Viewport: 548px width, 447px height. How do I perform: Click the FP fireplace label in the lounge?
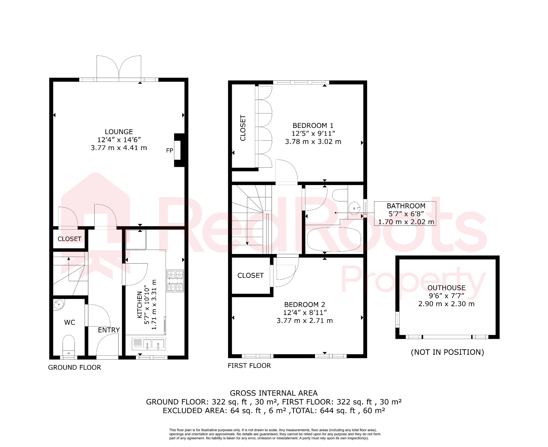169,151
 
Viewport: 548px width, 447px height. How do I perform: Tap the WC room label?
70,322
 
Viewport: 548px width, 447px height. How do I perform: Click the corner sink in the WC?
58,305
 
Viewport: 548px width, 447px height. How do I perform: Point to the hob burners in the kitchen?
175,281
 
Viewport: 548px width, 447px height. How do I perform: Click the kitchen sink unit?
149,344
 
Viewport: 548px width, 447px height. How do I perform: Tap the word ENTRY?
109,330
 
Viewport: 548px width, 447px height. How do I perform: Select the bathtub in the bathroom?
334,239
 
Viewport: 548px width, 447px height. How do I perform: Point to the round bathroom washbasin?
355,208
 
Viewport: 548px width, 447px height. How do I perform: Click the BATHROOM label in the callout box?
406,206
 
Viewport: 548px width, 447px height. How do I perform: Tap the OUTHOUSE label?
446,288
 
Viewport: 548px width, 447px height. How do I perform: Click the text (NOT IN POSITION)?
447,352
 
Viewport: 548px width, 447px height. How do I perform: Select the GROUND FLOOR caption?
74,367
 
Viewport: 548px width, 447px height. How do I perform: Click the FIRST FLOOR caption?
249,366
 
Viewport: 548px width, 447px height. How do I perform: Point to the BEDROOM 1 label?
313,126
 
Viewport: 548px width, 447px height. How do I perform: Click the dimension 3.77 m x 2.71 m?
305,321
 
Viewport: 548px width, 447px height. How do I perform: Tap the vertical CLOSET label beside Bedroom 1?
243,128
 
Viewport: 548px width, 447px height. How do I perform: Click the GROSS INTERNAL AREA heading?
273,393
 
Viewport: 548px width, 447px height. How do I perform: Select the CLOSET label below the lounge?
69,239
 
